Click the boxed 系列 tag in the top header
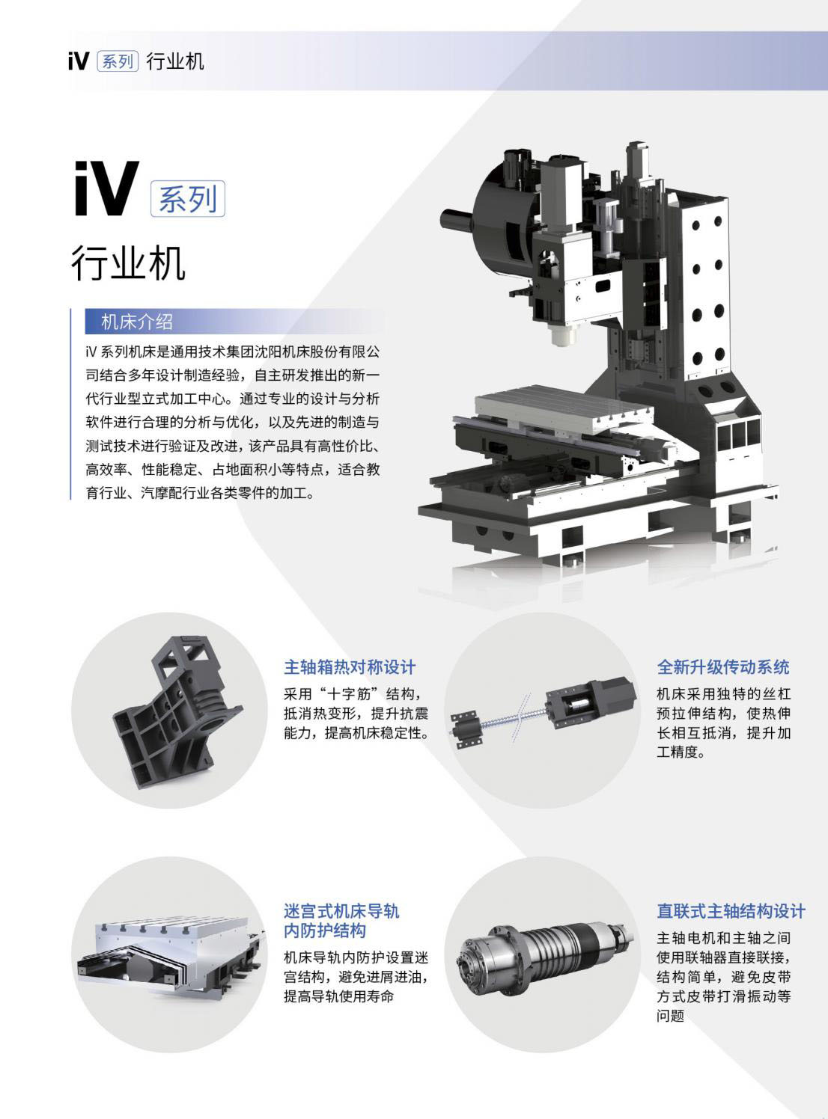118,61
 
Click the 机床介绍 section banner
137,322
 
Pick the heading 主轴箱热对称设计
350,666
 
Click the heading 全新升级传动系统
723,666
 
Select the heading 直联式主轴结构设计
731,911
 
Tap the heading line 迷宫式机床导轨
341,911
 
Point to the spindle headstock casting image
177,710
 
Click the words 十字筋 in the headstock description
358,693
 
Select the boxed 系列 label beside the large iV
188,199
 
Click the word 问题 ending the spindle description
670,1016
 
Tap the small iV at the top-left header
78,61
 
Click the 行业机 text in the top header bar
175,61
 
